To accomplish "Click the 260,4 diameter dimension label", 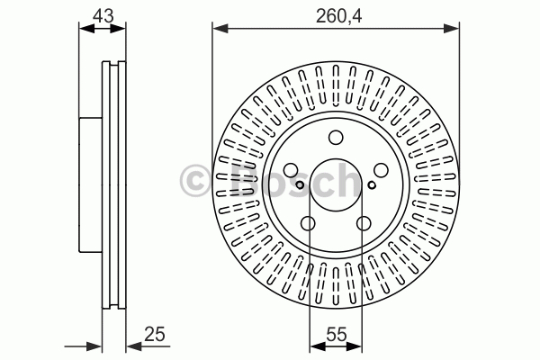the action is (x=339, y=16).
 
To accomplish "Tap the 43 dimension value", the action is (x=103, y=16).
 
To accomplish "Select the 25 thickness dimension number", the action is (x=155, y=334).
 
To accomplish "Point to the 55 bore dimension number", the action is (x=336, y=334).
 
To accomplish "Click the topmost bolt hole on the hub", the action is (x=336, y=138).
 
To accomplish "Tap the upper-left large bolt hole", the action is (x=291, y=170).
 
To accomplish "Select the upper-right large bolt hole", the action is (x=382, y=170).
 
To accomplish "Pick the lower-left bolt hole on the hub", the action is (x=308, y=223).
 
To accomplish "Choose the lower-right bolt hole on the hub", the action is (x=364, y=223).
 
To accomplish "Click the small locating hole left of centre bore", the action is (x=300, y=185).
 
